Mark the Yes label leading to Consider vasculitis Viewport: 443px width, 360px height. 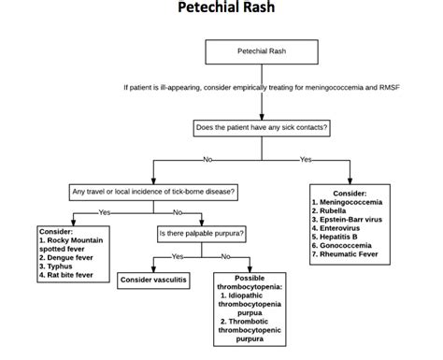[x=178, y=255]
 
